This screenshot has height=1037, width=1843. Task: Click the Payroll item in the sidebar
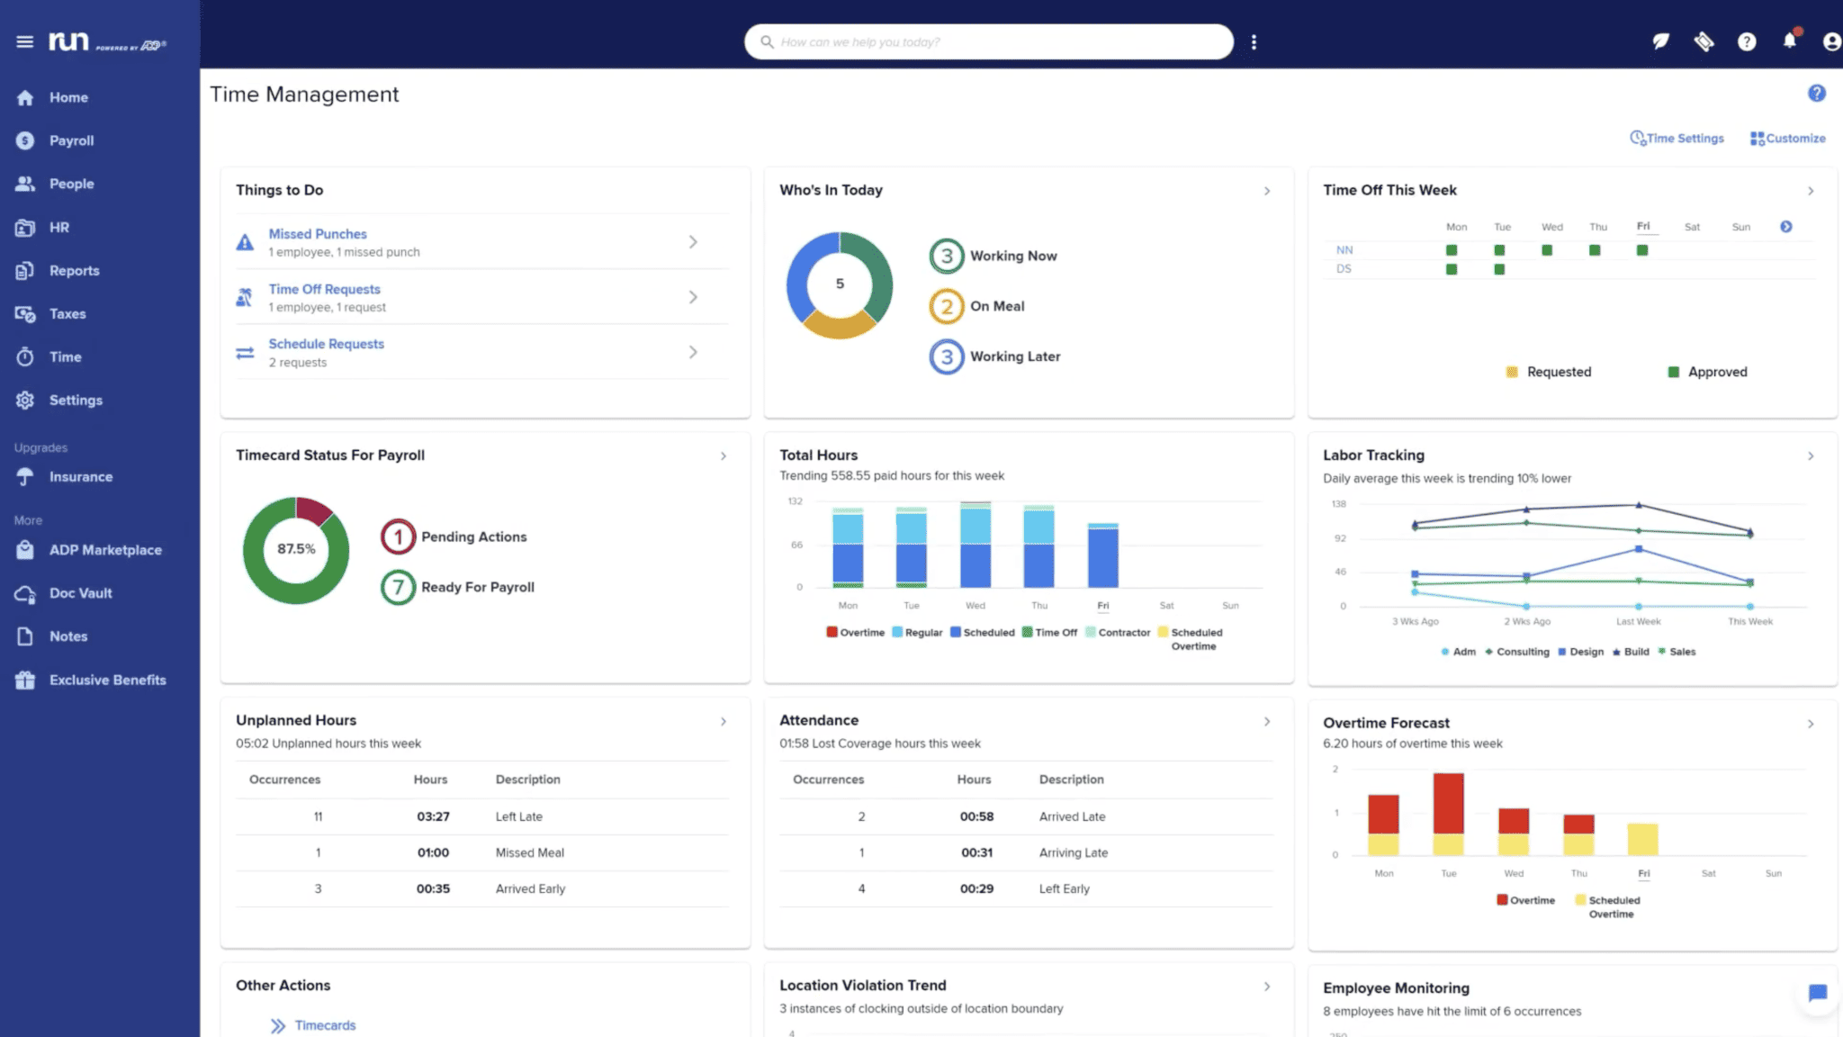point(71,140)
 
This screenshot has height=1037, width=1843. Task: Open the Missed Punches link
point(318,234)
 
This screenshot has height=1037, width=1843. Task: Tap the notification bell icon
point(1789,41)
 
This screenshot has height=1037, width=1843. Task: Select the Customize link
point(1788,139)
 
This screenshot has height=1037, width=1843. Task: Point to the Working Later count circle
point(946,356)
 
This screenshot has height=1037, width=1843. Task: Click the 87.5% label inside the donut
point(296,549)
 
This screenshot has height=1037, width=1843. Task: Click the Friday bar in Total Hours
point(1102,555)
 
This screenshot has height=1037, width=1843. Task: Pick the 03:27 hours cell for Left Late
point(433,816)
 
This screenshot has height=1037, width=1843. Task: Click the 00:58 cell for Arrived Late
point(976,816)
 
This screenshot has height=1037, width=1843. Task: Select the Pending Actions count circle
point(398,537)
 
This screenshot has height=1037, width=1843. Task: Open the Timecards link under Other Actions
point(325,1025)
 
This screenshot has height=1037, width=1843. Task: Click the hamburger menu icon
point(25,41)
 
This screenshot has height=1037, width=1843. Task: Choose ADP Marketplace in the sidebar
point(105,550)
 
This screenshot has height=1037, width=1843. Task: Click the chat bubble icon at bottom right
point(1817,993)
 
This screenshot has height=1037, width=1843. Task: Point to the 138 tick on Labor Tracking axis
point(1339,504)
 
